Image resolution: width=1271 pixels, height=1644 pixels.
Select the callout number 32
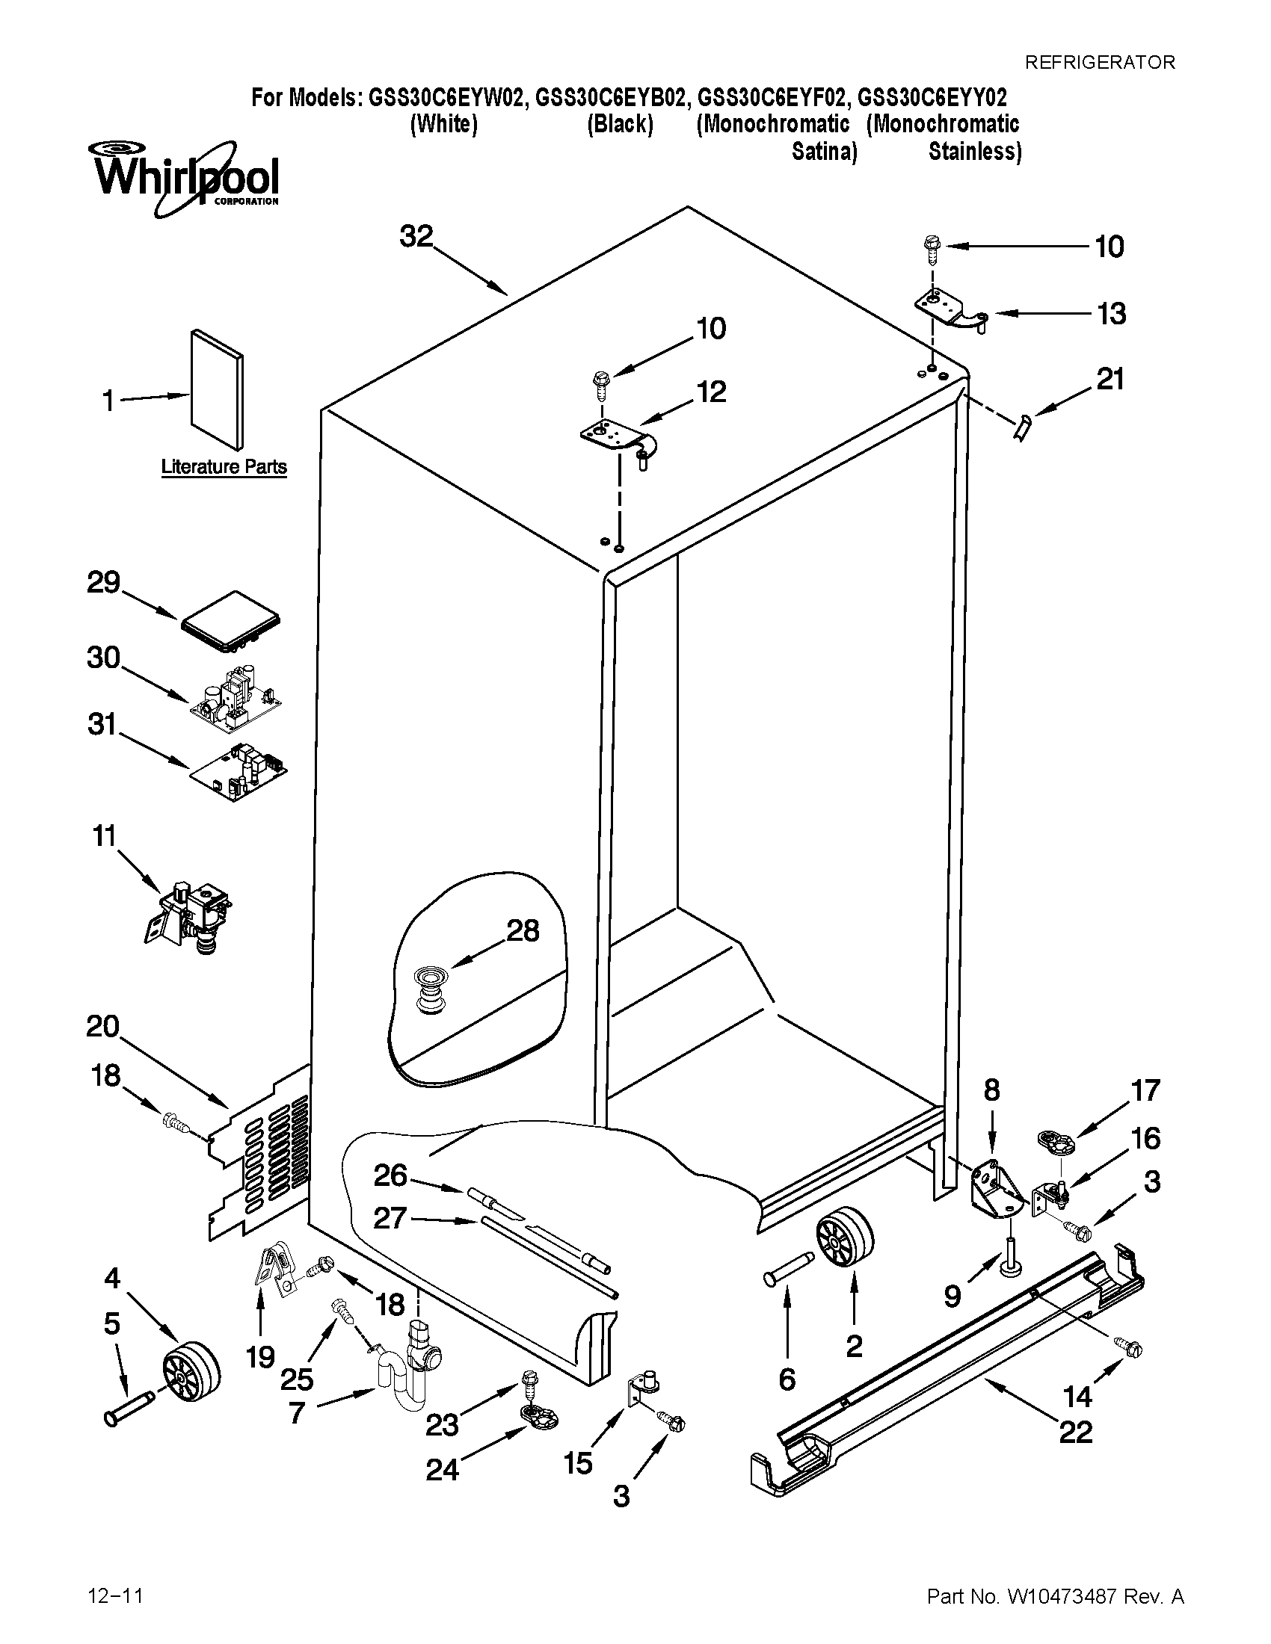[x=416, y=236]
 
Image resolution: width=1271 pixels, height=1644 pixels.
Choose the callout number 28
[x=522, y=931]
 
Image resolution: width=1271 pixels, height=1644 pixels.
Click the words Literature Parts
[x=224, y=467]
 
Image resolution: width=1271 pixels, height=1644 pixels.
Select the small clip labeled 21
[x=1023, y=430]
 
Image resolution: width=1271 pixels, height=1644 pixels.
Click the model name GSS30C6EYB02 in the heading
[x=612, y=98]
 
